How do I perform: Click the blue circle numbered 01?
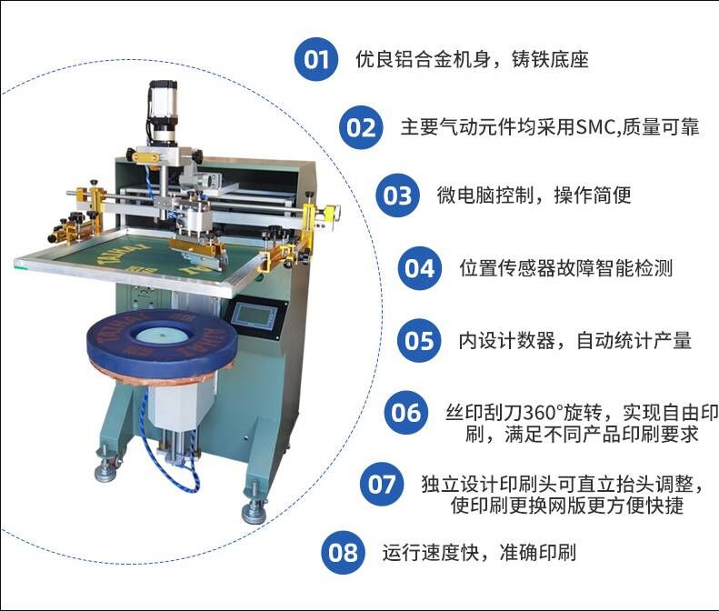316,59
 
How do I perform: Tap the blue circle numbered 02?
362,127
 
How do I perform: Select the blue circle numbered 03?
397,195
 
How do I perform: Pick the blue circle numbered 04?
420,268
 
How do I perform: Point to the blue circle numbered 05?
419,340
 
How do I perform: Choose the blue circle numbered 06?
405,413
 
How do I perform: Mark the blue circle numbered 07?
382,485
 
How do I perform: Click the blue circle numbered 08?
343,552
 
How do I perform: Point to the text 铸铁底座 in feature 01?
550,60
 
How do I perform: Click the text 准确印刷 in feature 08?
538,552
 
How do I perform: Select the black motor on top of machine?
163,110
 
